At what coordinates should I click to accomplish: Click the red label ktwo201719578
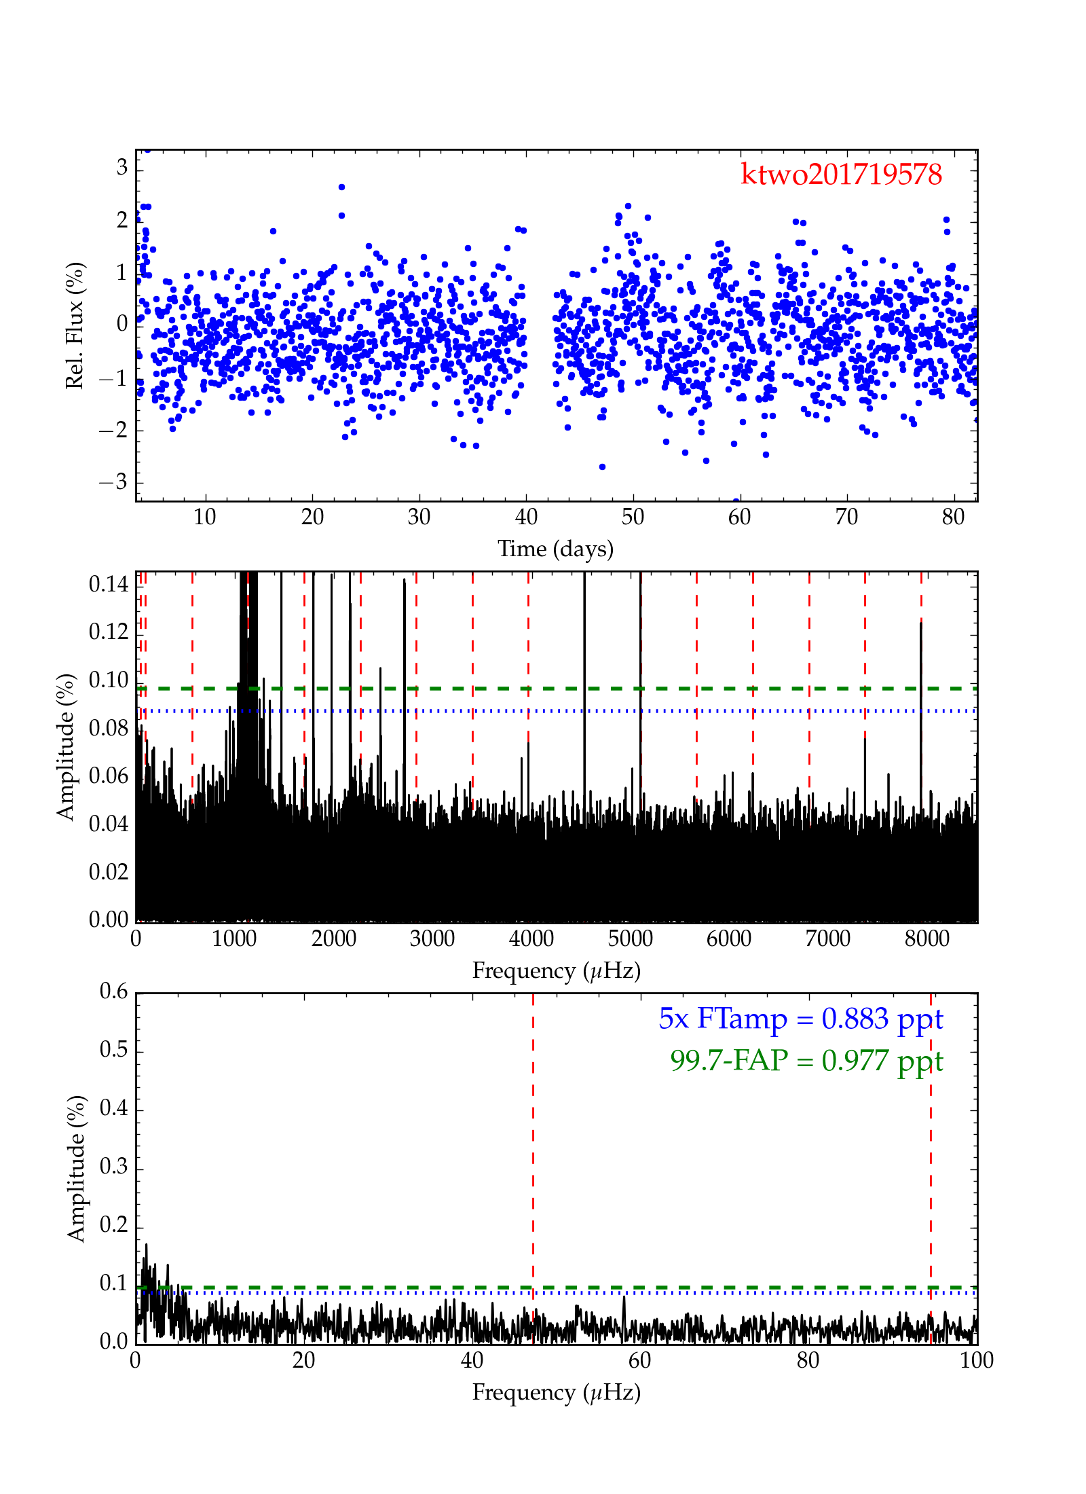coord(841,175)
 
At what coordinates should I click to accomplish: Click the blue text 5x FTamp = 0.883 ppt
coord(800,1019)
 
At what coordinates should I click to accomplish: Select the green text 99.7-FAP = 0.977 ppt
coord(806,1061)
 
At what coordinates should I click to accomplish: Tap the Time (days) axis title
coord(555,549)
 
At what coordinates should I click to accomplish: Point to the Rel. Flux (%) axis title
coord(75,325)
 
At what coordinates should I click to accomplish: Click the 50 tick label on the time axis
coord(633,517)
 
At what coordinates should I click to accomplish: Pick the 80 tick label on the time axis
coord(953,517)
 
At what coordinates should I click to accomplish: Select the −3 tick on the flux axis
coord(113,482)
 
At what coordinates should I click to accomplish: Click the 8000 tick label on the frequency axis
coord(927,939)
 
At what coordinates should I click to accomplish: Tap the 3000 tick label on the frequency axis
coord(432,939)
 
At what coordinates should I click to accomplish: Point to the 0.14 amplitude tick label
coord(109,584)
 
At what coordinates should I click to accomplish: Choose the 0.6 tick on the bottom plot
coord(113,992)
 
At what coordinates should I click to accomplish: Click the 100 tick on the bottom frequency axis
coord(977,1361)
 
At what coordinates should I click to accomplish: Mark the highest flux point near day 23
coord(341,187)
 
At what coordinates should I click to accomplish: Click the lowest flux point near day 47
coord(602,467)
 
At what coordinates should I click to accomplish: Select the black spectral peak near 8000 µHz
coord(921,623)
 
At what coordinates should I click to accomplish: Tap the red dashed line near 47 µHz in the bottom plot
coord(533,1154)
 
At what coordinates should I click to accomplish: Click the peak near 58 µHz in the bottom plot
coord(624,1298)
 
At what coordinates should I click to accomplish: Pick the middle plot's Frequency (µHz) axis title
coord(556,971)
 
